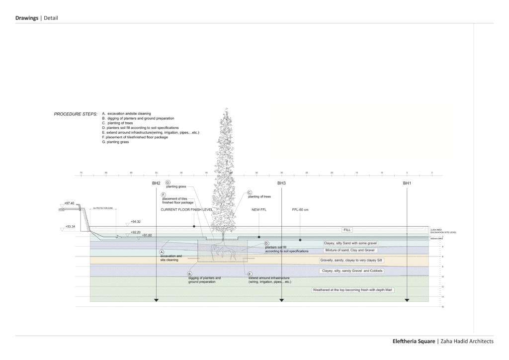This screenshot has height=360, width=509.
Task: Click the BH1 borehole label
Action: click(407, 184)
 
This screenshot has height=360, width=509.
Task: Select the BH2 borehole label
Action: click(156, 184)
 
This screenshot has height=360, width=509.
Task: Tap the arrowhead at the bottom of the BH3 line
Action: click(282, 300)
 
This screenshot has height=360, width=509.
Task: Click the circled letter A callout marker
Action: click(162, 252)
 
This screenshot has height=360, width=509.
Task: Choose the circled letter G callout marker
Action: click(168, 182)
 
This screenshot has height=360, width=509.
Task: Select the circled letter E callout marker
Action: click(250, 274)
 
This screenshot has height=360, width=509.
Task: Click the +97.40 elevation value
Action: click(69, 203)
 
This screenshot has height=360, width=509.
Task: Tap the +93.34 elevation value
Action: click(69, 227)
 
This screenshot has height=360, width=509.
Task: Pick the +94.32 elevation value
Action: click(135, 221)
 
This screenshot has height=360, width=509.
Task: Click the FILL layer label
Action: click(347, 230)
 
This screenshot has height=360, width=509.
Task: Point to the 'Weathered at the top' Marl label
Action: click(352, 289)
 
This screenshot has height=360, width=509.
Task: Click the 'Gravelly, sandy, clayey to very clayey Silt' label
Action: click(351, 260)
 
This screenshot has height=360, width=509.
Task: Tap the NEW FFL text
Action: click(259, 210)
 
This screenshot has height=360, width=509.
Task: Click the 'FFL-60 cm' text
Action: click(300, 210)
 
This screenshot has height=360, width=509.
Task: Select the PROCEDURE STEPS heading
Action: click(76, 114)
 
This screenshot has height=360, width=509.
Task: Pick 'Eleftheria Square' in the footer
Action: click(414, 341)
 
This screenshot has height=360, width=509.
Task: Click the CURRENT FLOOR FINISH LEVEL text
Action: click(186, 210)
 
